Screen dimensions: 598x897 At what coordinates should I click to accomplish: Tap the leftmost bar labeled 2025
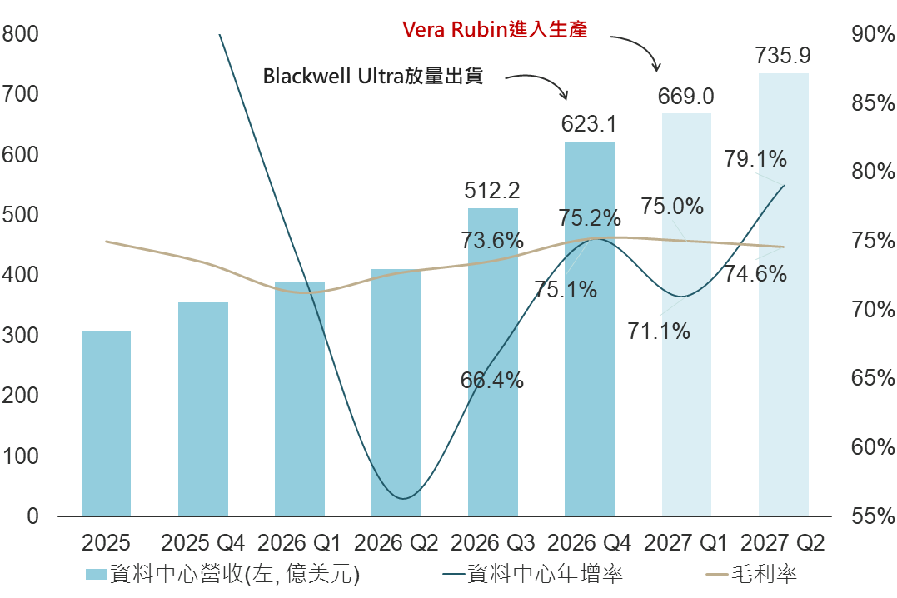click(106, 425)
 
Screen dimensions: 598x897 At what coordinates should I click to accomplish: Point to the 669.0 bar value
click(686, 96)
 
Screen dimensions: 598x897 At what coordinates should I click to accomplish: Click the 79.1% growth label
click(755, 158)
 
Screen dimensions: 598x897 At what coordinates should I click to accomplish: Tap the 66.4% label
click(492, 381)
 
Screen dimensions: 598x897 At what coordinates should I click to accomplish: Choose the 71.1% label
click(659, 331)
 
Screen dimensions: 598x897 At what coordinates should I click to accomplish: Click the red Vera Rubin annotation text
click(496, 29)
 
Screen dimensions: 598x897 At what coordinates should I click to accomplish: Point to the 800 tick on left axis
click(21, 34)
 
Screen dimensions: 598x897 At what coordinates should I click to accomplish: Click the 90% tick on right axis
click(873, 34)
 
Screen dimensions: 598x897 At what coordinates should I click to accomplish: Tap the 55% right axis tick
click(873, 516)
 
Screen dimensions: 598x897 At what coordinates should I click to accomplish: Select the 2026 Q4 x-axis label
click(590, 544)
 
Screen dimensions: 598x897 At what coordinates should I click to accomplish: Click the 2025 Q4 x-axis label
click(202, 544)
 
